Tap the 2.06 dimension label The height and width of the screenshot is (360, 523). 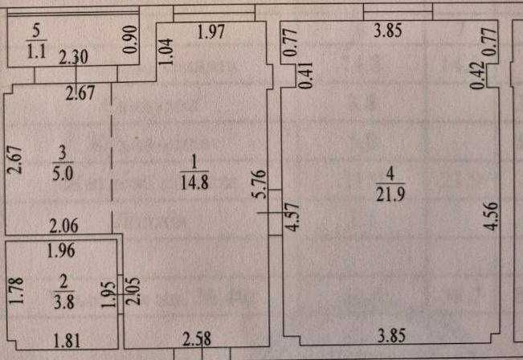(x=65, y=225)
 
